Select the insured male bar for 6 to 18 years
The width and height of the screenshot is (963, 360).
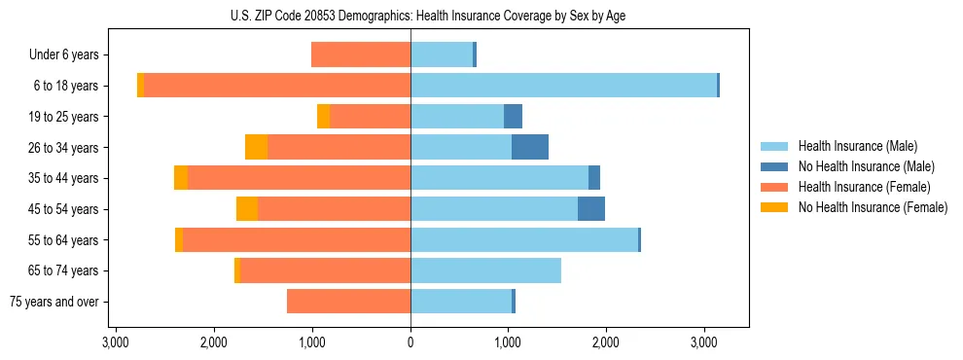coord(563,86)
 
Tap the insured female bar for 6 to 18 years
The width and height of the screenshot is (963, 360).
coord(277,86)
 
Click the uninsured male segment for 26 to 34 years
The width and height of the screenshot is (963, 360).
coord(530,147)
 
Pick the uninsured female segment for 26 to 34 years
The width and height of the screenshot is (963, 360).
coord(256,147)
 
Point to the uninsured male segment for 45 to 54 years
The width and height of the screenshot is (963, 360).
coord(591,208)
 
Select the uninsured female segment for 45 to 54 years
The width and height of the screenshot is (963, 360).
coord(247,208)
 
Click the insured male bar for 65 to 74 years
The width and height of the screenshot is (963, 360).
coord(485,270)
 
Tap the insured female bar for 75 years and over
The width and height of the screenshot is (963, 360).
coord(348,302)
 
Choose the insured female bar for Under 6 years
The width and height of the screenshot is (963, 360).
coord(361,54)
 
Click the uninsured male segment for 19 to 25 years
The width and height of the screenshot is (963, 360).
coord(513,117)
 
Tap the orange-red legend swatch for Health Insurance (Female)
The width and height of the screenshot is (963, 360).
coord(774,187)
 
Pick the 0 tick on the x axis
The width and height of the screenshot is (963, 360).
coord(410,342)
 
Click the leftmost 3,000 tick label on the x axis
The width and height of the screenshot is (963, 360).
coord(116,342)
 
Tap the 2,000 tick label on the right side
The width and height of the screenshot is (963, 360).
coord(606,342)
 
